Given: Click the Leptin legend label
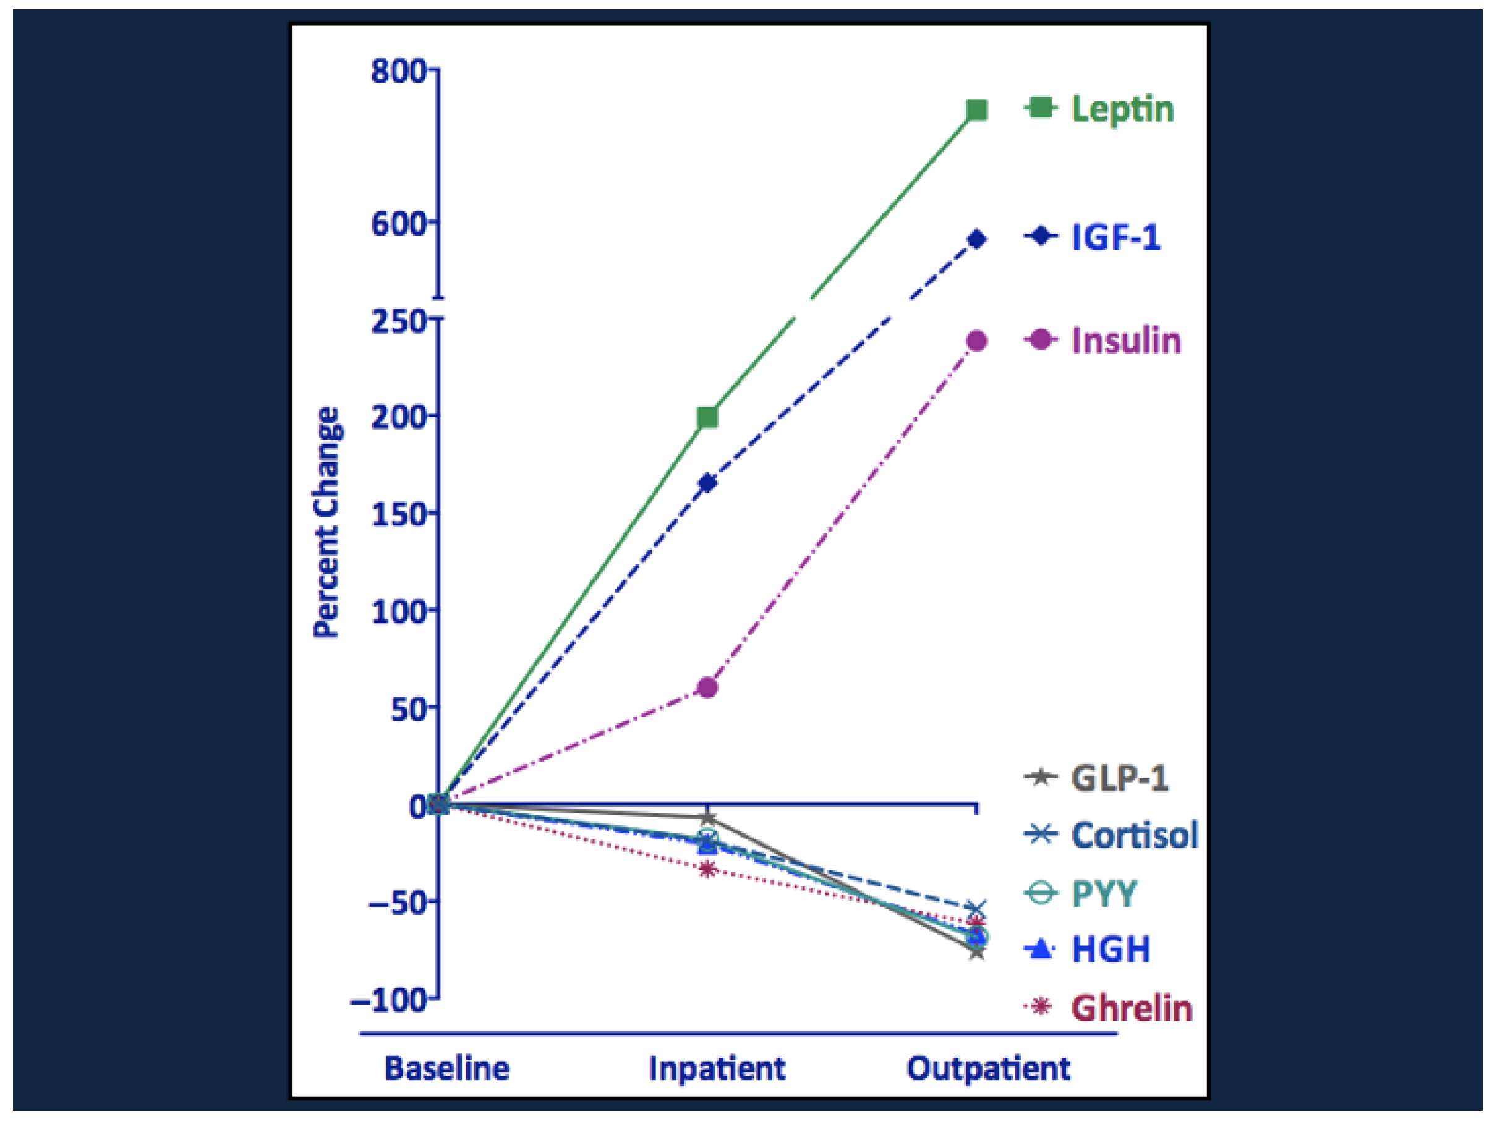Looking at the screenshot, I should point(1122,109).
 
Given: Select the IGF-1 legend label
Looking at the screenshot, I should point(1116,237).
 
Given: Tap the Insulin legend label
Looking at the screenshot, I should point(1127,341).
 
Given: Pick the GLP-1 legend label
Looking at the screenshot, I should point(1120,778).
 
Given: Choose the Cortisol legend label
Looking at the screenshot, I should point(1135,835).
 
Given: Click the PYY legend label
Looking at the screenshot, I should point(1104,894).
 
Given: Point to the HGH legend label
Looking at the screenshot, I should point(1111,950).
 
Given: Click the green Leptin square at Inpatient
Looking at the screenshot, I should point(707,417).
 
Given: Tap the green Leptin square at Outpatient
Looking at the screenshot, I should point(977,109).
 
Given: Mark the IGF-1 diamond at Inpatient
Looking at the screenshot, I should point(707,483).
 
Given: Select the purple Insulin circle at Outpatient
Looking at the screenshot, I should point(977,341).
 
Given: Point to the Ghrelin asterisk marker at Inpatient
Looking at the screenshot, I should point(707,869).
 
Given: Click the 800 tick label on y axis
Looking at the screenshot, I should point(398,71).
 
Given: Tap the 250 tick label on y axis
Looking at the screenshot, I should point(398,321).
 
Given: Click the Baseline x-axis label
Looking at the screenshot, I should point(446,1069).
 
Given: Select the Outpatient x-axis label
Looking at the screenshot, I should point(988,1069).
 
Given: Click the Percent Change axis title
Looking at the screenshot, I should point(326,522).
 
